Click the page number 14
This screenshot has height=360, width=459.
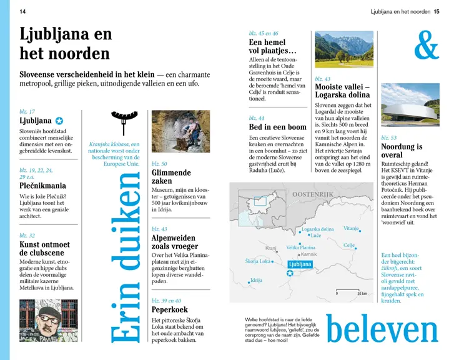pyautogui.click(x=23, y=11)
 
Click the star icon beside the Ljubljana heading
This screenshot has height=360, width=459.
pyautogui.click(x=59, y=121)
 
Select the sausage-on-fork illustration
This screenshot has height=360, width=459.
pyautogui.click(x=124, y=121)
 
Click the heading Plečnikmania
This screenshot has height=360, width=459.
pyautogui.click(x=43, y=185)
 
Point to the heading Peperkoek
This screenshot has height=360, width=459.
pyautogui.click(x=170, y=309)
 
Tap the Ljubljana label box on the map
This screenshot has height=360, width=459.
pyautogui.click(x=299, y=264)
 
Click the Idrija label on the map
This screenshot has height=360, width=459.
pyautogui.click(x=256, y=281)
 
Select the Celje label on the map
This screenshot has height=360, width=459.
pyautogui.click(x=348, y=246)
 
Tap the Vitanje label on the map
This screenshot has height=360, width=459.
pyautogui.click(x=352, y=229)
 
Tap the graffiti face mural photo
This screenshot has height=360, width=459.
pyautogui.click(x=49, y=320)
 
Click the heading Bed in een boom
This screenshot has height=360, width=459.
pyautogui.click(x=277, y=127)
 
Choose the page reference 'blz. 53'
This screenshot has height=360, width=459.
pyautogui.click(x=389, y=137)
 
